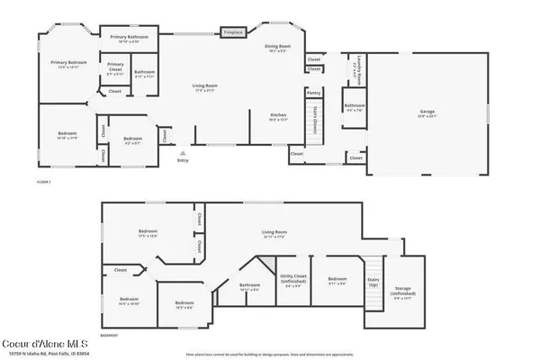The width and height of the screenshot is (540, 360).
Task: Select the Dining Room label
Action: tap(277, 48)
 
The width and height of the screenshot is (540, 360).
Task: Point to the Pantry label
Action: tap(313, 92)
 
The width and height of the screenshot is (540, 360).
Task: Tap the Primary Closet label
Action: tap(116, 67)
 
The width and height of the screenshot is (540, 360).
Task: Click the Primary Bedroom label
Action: tap(65, 65)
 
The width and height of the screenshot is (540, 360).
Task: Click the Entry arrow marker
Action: tap(183, 154)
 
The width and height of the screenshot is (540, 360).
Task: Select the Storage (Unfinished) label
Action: tap(405, 292)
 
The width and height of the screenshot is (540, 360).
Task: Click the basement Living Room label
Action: tap(274, 235)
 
